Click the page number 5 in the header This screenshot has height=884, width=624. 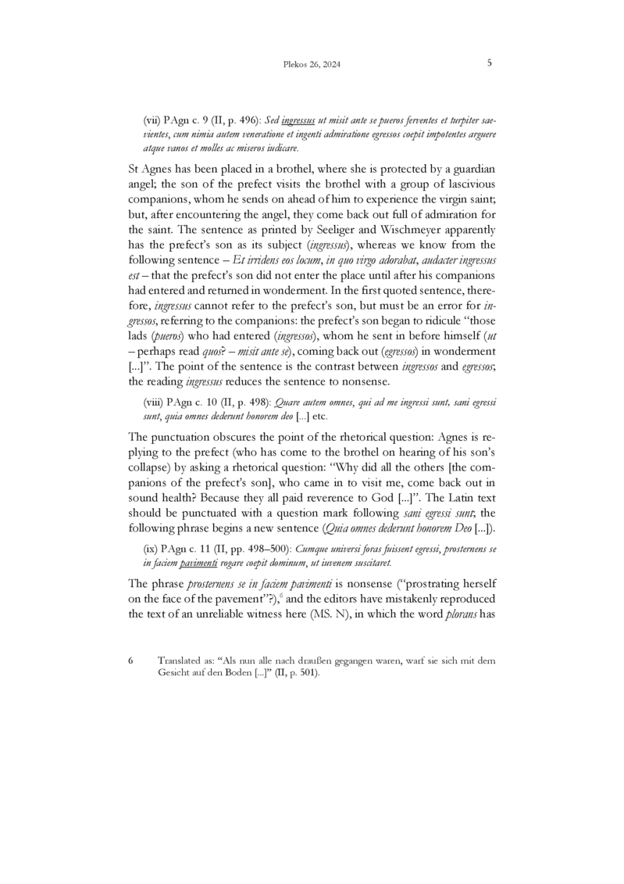click(489, 64)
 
